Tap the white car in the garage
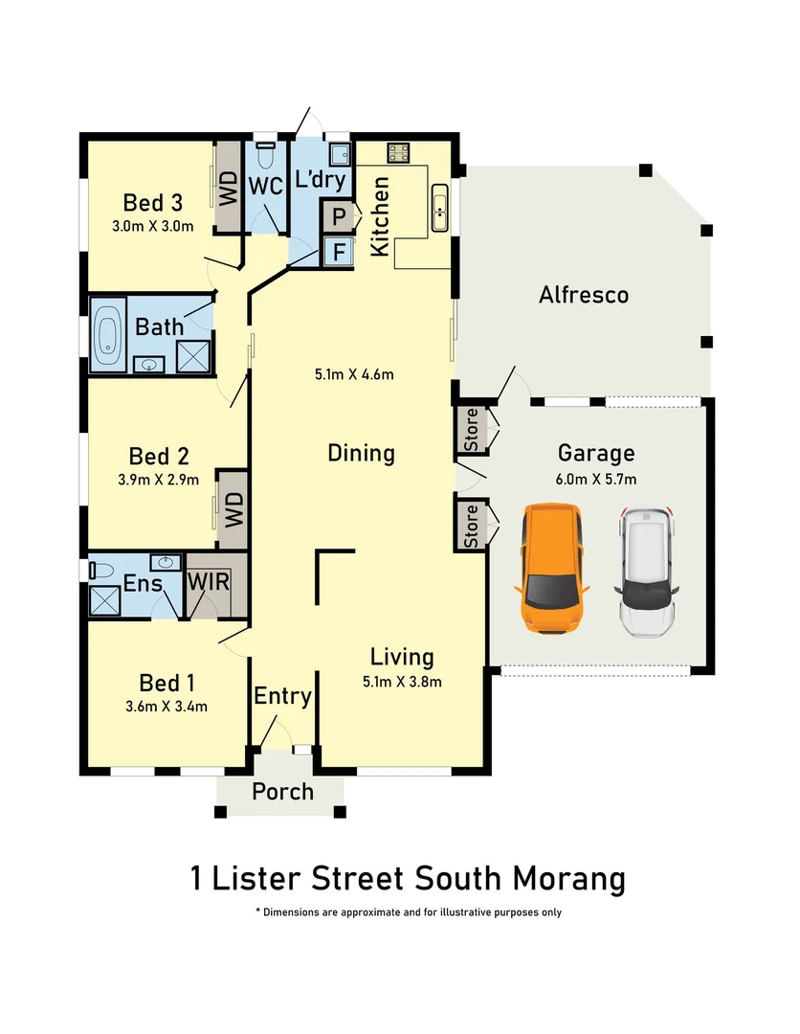(648, 573)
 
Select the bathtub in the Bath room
(107, 334)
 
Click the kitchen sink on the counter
(440, 207)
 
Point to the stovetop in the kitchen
(398, 151)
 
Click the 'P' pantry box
(338, 217)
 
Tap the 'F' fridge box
(338, 252)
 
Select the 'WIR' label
(206, 582)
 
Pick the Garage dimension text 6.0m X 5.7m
(596, 479)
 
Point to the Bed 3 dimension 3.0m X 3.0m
(153, 227)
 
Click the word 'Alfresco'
(583, 294)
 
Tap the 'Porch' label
(282, 791)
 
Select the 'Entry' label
(282, 696)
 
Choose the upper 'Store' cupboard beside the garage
(472, 430)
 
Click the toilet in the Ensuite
(97, 570)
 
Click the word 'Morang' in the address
(571, 877)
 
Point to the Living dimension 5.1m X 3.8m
(402, 682)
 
